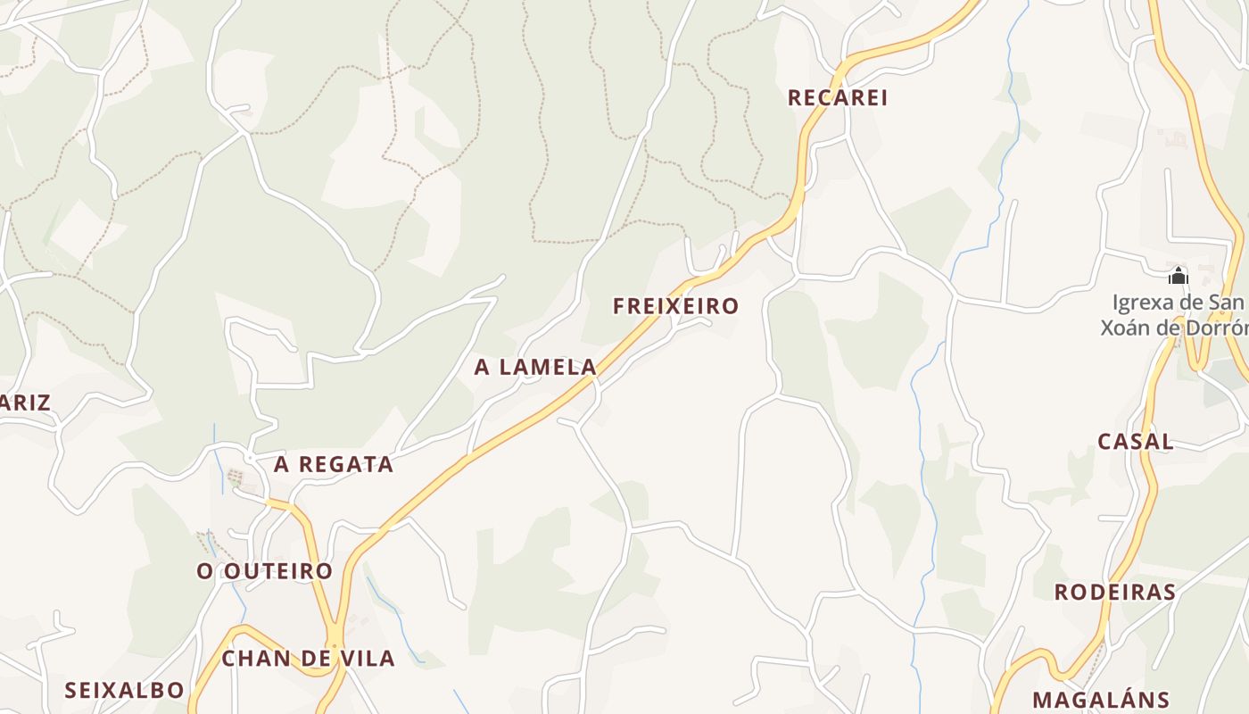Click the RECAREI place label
click(837, 97)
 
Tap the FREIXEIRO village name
click(675, 306)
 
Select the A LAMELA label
click(535, 367)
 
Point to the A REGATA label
click(333, 464)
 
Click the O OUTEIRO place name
click(264, 571)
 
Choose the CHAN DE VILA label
click(308, 659)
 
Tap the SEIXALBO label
click(124, 690)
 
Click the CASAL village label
click(1135, 441)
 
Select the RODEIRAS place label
click(1114, 592)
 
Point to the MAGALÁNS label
click(1100, 700)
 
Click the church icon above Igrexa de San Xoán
click(1179, 276)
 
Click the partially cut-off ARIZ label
click(25, 403)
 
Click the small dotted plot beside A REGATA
click(236, 477)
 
